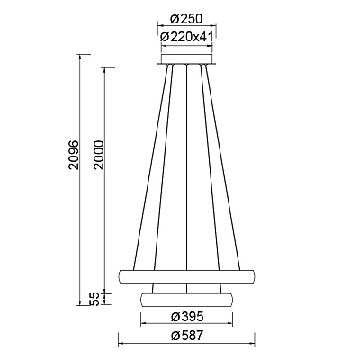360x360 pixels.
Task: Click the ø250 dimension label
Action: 186,19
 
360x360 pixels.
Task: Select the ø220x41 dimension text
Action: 186,37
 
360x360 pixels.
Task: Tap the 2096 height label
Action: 74,155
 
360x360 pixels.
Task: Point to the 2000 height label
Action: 98,155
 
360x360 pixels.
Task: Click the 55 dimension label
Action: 94,299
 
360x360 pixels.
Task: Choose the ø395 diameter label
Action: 187,317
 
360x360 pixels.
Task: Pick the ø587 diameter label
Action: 187,336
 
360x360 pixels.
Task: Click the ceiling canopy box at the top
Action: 186,58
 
